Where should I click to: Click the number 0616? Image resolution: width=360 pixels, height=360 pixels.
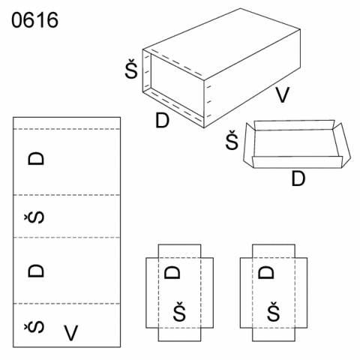point(34,20)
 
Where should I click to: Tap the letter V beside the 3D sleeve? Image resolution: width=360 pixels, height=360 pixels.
point(282,94)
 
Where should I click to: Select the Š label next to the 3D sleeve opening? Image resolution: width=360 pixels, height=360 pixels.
point(131,69)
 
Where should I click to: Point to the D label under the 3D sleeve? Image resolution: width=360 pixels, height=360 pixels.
point(163,121)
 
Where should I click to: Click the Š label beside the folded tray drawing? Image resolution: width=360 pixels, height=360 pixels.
point(232,140)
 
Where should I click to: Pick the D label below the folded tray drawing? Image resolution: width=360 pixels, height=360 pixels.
point(298,178)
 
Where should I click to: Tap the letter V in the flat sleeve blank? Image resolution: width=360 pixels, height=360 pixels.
point(71,332)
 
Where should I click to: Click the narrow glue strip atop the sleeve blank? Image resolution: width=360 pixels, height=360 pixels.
point(67,123)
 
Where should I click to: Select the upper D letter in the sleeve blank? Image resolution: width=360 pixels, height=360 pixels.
point(36,159)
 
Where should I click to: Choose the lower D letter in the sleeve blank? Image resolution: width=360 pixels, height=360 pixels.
point(36,271)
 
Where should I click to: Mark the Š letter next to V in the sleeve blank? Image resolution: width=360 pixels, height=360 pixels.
point(34,328)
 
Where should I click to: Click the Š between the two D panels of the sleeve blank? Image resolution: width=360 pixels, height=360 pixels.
point(34,217)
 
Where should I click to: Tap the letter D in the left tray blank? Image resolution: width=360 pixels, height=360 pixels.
point(172,272)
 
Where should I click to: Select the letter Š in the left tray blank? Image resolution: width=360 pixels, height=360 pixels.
point(179,311)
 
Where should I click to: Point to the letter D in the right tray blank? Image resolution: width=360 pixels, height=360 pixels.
point(266,272)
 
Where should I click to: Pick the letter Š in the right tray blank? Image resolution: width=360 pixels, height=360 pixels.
point(274,311)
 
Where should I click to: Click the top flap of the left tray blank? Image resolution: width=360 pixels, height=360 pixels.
point(179,251)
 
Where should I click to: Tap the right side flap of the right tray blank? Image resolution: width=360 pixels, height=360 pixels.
point(301,292)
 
